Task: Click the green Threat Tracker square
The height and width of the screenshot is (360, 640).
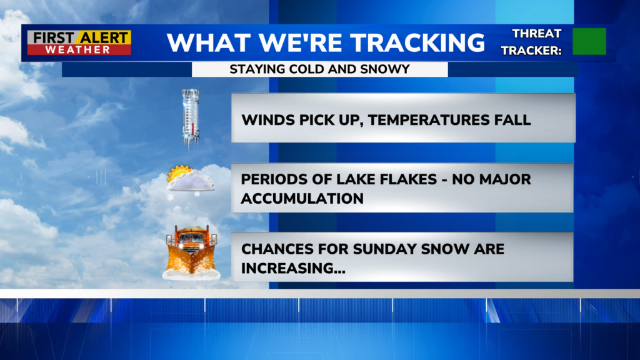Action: click(589, 41)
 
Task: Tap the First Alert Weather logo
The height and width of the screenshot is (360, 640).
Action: click(79, 42)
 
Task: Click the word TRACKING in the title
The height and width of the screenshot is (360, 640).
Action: click(417, 42)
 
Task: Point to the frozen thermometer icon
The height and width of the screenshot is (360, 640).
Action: click(191, 119)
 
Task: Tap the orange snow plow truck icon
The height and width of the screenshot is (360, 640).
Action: click(191, 252)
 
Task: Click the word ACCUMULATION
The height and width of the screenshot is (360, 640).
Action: click(302, 199)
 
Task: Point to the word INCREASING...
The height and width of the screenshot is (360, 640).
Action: click(293, 269)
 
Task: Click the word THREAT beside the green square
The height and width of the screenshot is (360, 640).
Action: click(537, 34)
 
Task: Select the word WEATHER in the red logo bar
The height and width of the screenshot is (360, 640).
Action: click(77, 50)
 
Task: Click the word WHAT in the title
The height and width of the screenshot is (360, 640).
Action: click(209, 42)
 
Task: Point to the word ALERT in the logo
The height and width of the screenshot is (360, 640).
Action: click(104, 38)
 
